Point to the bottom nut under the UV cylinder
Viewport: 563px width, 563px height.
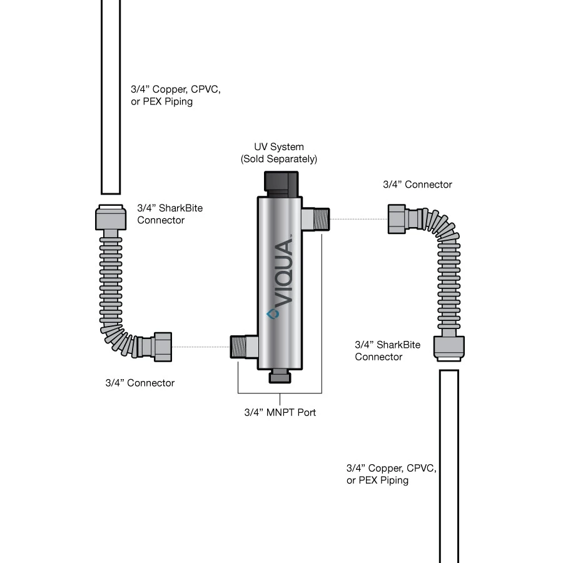tap(280, 377)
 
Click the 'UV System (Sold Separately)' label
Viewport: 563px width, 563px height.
tap(279, 153)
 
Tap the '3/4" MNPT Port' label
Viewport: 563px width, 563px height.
tap(280, 413)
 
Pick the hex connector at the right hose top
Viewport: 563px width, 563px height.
tap(398, 219)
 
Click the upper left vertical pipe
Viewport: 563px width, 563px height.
tap(111, 94)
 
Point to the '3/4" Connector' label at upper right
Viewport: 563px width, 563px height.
tap(417, 185)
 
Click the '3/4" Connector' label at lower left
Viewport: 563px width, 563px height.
tap(139, 383)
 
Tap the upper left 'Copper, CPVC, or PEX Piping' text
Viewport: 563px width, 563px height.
tap(175, 96)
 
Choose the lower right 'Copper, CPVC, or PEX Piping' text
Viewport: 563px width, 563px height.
tap(391, 474)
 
